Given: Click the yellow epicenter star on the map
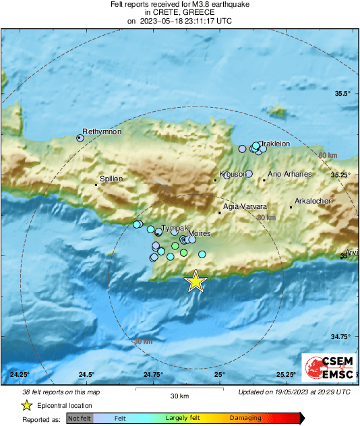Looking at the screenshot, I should [x=196, y=281].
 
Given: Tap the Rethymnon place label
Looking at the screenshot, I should [x=101, y=131].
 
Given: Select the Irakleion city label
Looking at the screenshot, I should [x=275, y=144].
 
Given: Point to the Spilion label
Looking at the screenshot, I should [x=111, y=179].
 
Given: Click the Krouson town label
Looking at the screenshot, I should [x=233, y=174].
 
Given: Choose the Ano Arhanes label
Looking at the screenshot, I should [x=290, y=174].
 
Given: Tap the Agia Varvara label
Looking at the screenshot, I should [x=245, y=206].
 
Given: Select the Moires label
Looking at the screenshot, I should [x=199, y=233].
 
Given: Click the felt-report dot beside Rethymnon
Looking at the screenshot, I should [x=80, y=138].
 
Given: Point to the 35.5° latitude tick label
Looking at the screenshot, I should [x=343, y=94].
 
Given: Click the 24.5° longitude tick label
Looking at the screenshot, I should [x=86, y=375].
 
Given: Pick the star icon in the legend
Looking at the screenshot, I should [x=27, y=405].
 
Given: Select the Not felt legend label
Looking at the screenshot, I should [x=79, y=419].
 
